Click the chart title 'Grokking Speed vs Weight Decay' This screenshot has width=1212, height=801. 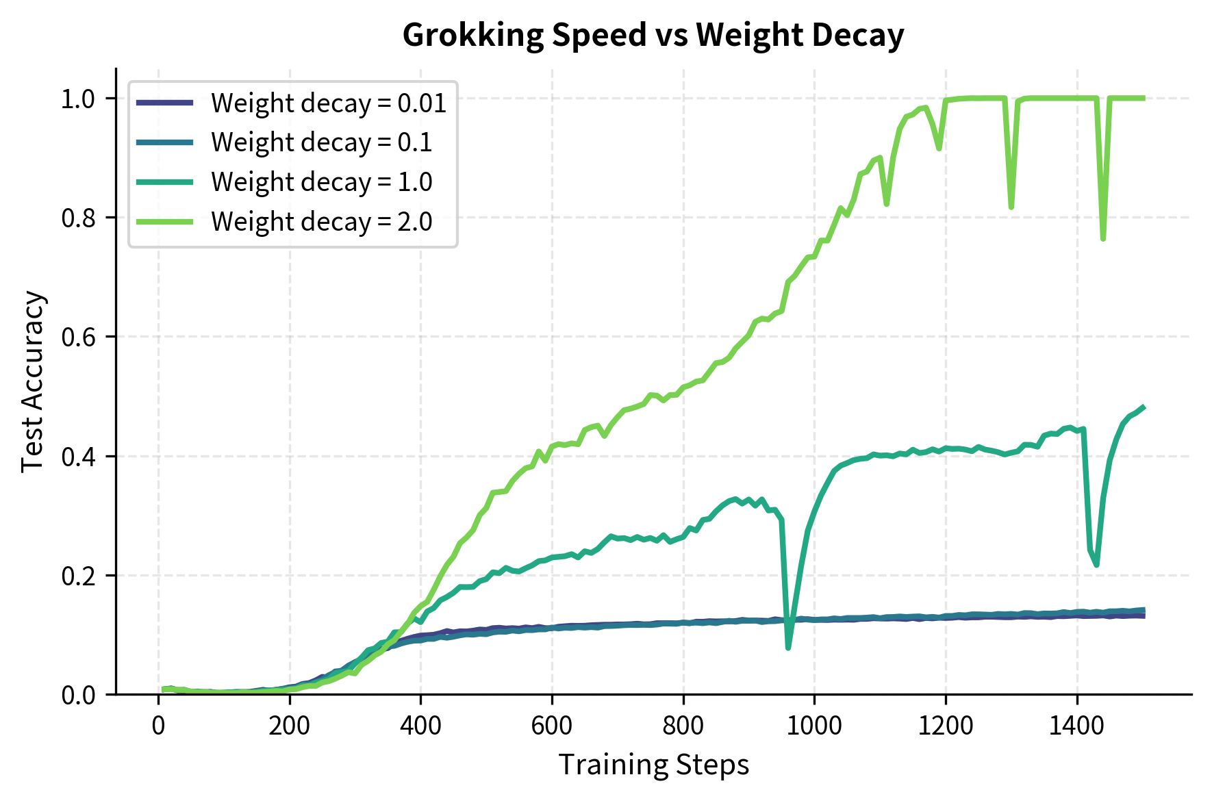[x=653, y=34]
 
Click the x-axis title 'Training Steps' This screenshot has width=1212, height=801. [x=653, y=765]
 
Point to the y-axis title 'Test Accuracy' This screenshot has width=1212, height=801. [x=32, y=381]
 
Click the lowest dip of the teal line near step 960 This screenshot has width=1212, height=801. [x=788, y=648]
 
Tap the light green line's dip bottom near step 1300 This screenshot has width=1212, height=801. [x=1011, y=207]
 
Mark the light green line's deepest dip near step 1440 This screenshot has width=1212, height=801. [x=1103, y=239]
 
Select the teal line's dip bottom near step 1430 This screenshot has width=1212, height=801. [x=1096, y=565]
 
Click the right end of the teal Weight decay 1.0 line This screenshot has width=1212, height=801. [x=1144, y=407]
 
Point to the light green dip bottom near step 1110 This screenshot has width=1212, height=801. [x=887, y=204]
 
